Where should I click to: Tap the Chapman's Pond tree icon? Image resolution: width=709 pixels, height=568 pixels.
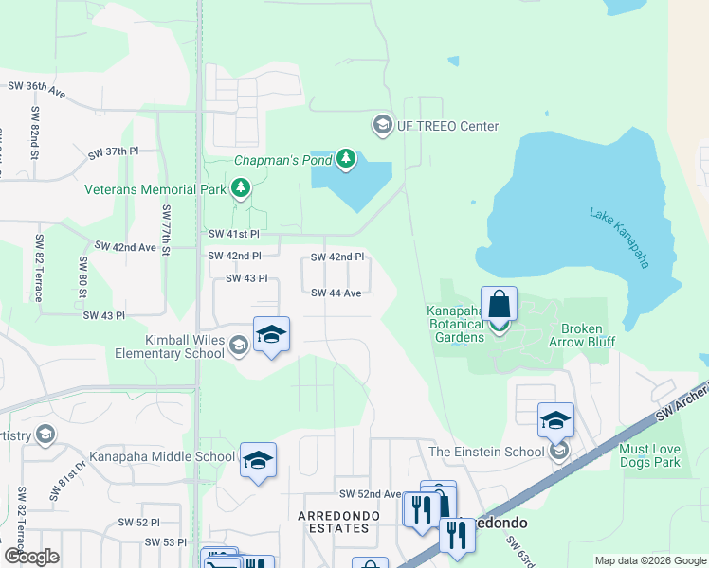[346, 159]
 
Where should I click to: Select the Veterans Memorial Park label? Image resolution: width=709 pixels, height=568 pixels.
[155, 189]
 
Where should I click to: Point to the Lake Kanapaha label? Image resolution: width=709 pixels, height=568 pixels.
[620, 238]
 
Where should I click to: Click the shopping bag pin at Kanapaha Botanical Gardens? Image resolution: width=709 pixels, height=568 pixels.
[499, 306]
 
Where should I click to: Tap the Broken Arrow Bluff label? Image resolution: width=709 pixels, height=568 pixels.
[587, 336]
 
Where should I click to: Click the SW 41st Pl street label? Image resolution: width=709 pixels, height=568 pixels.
[233, 234]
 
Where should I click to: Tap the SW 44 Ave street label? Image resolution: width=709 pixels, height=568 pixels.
[336, 293]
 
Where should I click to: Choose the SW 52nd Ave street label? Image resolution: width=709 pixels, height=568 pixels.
[370, 494]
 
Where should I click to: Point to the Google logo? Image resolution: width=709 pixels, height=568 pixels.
[31, 557]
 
